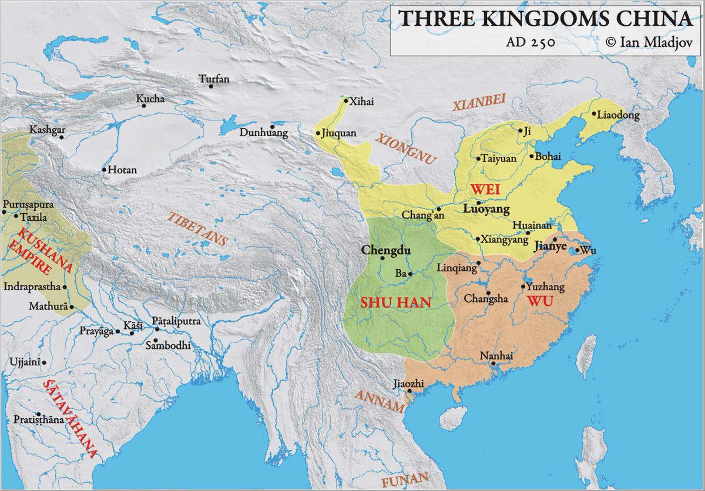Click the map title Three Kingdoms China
click(x=545, y=19)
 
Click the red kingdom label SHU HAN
click(x=395, y=303)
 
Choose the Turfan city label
click(x=214, y=79)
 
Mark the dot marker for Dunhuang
click(x=273, y=126)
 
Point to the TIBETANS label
click(x=198, y=228)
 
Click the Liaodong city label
click(x=617, y=116)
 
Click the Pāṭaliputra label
click(x=176, y=321)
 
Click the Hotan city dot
click(x=104, y=170)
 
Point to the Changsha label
click(x=486, y=299)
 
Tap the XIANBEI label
click(x=479, y=103)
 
